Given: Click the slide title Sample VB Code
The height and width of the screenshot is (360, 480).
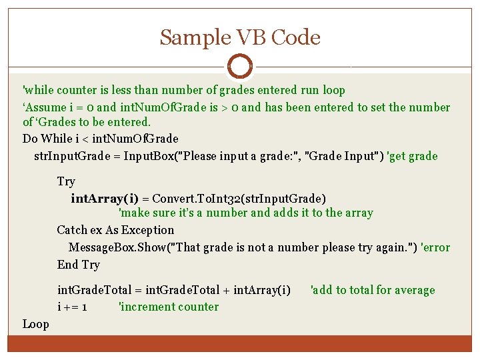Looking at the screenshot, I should point(240,37).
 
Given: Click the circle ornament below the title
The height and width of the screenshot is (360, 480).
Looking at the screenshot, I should point(240,66).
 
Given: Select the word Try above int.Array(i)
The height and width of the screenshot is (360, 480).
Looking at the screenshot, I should point(66,181).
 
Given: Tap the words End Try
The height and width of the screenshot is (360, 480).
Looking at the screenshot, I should point(78,265).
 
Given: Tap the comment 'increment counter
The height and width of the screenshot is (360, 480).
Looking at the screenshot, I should point(168,307).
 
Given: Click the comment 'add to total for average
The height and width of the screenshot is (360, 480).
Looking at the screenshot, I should point(373,290).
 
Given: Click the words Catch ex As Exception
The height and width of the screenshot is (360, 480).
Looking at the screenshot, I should point(115,230).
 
